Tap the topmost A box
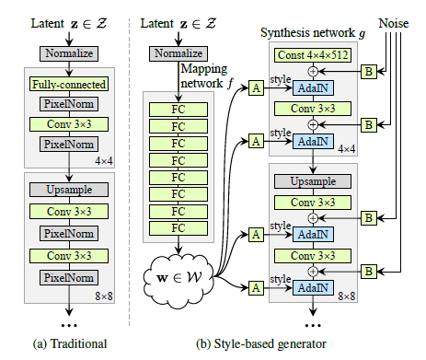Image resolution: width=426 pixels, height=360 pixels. click(x=254, y=89)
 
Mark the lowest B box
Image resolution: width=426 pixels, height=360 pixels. click(x=368, y=270)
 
